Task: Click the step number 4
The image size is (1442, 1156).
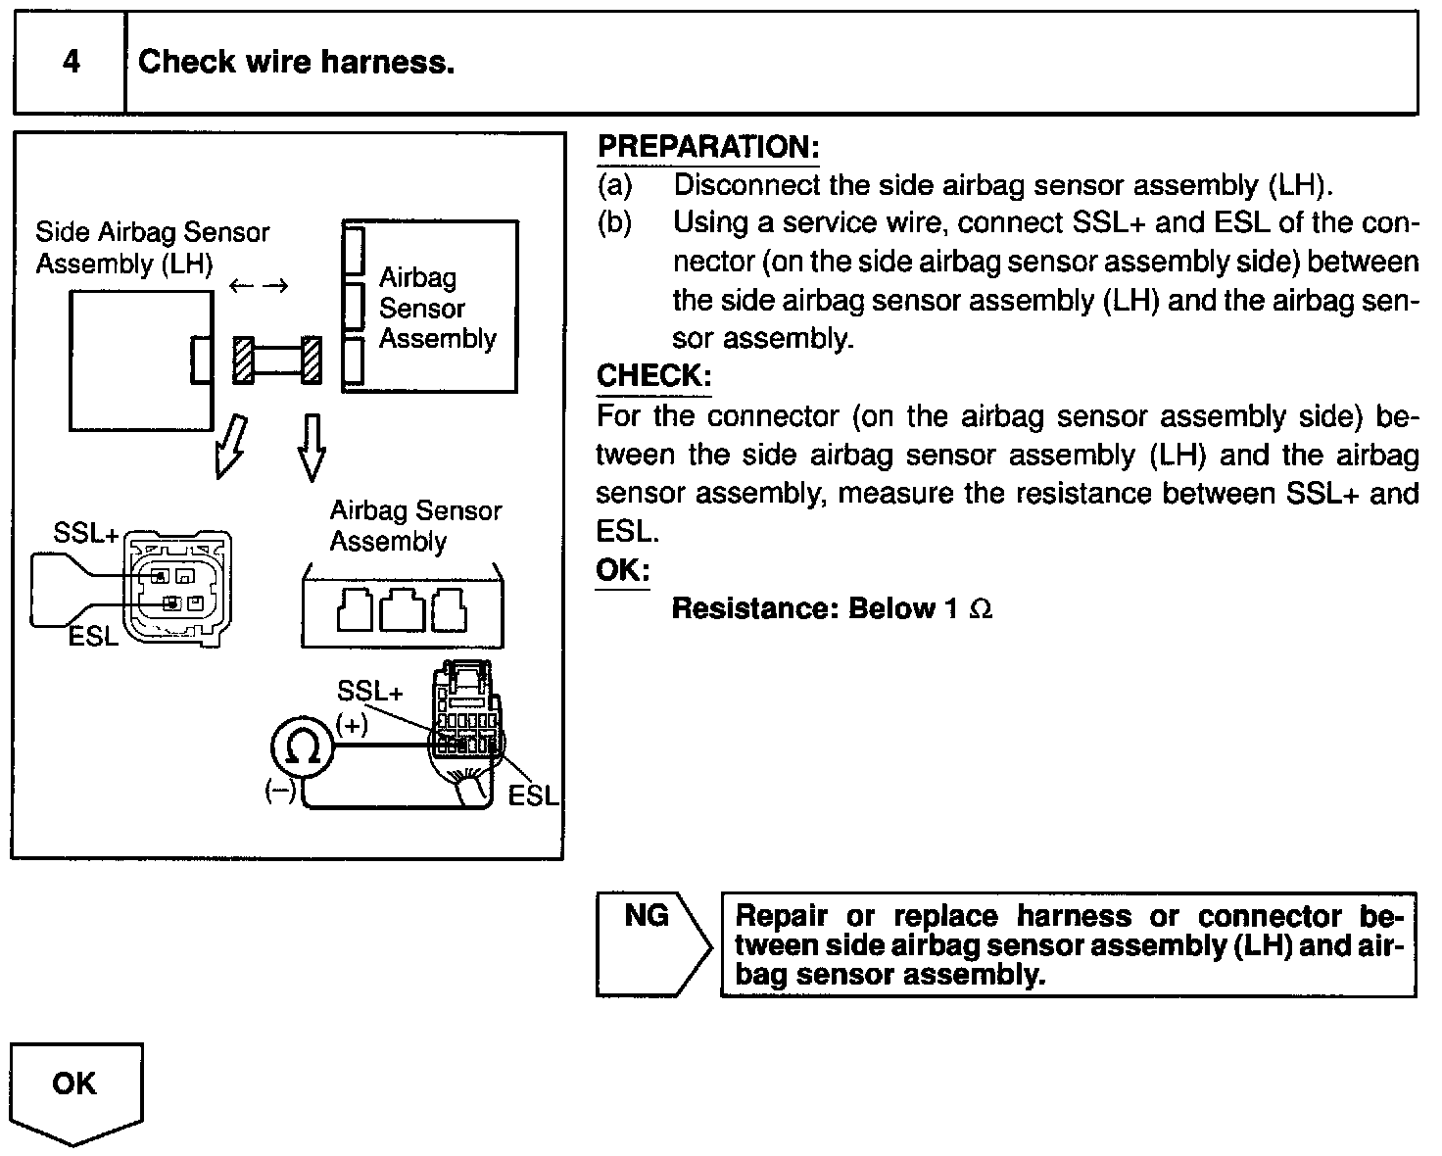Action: coord(71,63)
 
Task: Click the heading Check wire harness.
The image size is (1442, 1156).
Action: coord(296,63)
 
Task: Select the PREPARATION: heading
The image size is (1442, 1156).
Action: coord(707,147)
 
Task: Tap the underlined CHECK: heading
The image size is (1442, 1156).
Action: coord(653,376)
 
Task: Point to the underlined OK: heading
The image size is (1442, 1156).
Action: coord(622,570)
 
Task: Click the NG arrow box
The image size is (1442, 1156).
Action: coord(650,942)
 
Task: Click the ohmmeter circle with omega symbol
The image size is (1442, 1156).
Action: coord(303,750)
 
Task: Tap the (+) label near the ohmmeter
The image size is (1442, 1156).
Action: coord(352,726)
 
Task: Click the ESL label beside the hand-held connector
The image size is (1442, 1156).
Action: coord(533,795)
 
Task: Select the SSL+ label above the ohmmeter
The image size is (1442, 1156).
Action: coord(369,692)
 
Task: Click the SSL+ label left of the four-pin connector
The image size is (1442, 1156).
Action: coord(86,534)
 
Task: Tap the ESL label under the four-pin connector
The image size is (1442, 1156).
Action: coord(93,637)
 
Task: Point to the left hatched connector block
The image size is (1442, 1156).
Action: coord(243,360)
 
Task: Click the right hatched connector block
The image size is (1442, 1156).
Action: coord(312,360)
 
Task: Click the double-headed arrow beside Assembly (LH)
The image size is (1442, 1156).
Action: coord(260,285)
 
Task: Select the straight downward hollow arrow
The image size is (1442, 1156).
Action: coord(312,447)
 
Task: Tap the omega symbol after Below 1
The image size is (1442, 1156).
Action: coord(980,609)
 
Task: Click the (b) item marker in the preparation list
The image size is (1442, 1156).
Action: coord(614,223)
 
